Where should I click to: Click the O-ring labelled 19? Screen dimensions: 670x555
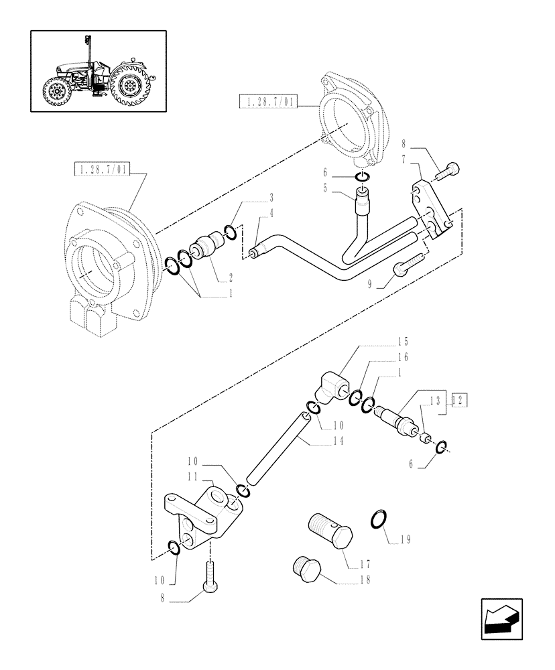[379, 519]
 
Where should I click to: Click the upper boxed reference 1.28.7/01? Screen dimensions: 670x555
[267, 101]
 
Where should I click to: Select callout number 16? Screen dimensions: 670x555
[402, 357]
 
